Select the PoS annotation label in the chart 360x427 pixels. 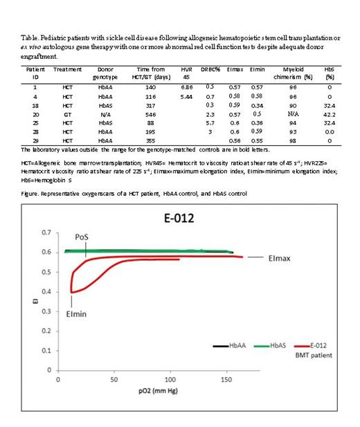click(80, 239)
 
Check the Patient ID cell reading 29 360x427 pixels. click(31, 140)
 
